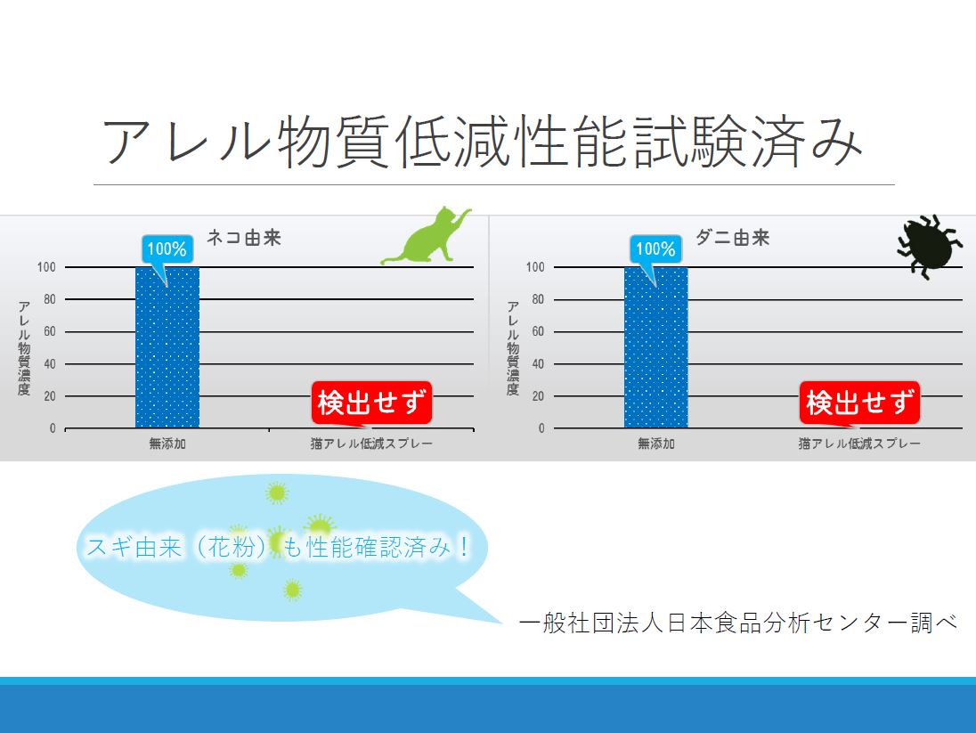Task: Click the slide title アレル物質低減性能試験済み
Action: tap(482, 142)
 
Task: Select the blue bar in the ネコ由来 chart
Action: tap(167, 347)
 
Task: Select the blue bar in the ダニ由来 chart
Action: tap(656, 347)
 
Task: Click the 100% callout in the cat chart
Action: tap(167, 249)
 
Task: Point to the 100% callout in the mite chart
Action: tap(655, 249)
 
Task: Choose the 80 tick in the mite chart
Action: tap(536, 299)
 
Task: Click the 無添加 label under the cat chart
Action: tap(167, 444)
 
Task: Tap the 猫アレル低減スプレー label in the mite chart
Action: tap(859, 444)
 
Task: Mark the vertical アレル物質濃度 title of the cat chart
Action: tap(25, 347)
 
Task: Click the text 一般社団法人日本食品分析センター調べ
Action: tap(738, 623)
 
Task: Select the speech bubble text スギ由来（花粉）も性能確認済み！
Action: tap(278, 547)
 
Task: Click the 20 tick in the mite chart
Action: tap(536, 396)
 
